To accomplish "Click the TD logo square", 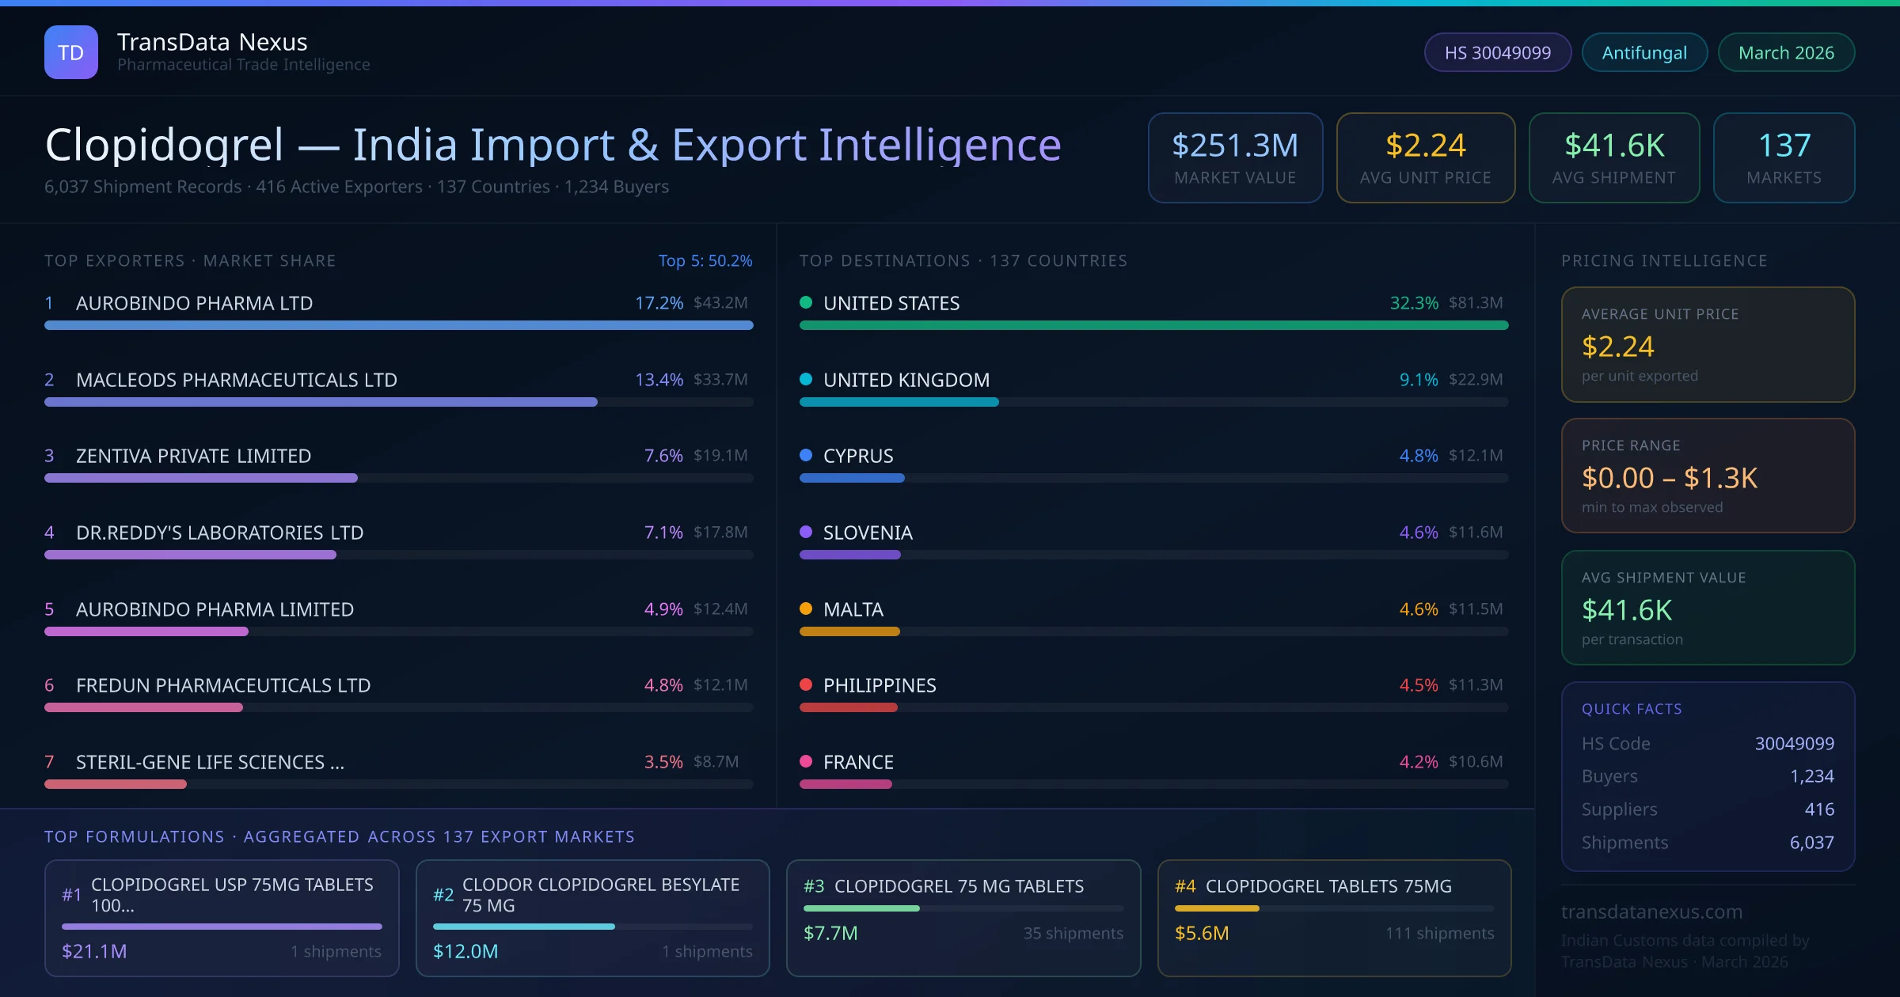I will tap(71, 52).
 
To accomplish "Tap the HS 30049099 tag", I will tap(1497, 53).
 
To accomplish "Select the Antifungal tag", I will tap(1644, 53).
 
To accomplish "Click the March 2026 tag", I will tap(1786, 53).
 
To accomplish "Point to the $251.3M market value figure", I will tap(1235, 146).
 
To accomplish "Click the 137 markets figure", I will tap(1784, 146).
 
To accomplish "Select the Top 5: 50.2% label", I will tap(705, 260).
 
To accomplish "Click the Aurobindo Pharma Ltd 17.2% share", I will tap(659, 303).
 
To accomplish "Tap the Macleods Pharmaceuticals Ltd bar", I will tap(321, 402).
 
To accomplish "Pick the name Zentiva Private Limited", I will tap(193, 456).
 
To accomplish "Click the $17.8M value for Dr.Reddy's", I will tap(720, 533).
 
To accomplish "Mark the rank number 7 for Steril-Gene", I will tap(49, 762).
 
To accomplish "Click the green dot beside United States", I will tap(806, 302).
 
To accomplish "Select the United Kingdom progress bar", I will tap(899, 402).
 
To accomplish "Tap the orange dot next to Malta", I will tap(806, 608).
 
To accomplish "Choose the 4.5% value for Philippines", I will tap(1418, 685).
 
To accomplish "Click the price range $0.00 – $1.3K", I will tap(1669, 478).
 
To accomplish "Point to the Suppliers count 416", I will tap(1819, 809).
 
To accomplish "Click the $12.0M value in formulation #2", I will tap(465, 951).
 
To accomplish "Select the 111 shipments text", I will tap(1439, 934).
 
